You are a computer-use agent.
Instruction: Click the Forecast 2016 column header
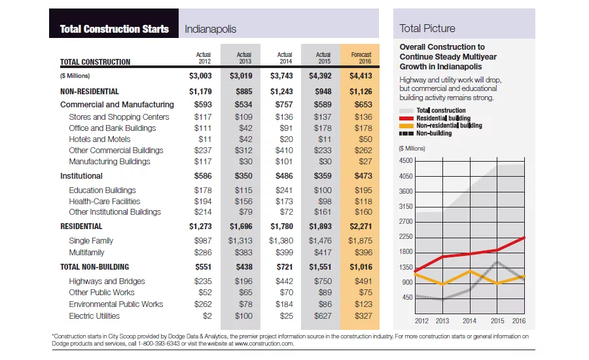click(x=361, y=58)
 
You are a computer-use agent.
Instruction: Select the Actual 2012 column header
click(x=204, y=58)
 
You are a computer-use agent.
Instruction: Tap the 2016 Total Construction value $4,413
click(x=361, y=76)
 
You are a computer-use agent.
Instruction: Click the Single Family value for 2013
click(x=240, y=241)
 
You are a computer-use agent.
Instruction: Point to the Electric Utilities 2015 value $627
click(x=323, y=316)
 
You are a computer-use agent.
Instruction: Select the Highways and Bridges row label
click(x=107, y=281)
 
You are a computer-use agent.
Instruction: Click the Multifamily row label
click(x=86, y=253)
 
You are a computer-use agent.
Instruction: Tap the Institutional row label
click(x=81, y=176)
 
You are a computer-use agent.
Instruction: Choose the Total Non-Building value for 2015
click(x=320, y=267)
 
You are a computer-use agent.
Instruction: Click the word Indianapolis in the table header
click(x=210, y=29)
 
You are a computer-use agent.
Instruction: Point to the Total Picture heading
click(x=427, y=28)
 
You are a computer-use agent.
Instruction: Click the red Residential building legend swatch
click(x=406, y=118)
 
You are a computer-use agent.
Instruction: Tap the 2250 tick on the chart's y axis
click(x=406, y=236)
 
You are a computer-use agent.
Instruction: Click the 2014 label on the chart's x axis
click(x=469, y=321)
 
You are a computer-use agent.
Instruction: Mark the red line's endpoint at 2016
click(x=524, y=238)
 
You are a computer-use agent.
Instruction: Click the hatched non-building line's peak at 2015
click(x=497, y=262)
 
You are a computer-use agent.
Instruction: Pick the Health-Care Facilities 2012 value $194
click(x=203, y=202)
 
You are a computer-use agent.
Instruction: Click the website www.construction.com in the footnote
click(x=264, y=344)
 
